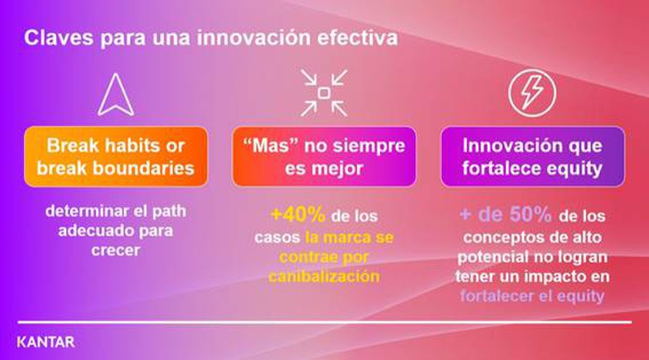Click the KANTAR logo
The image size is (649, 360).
click(x=46, y=342)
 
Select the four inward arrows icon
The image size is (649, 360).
click(x=324, y=93)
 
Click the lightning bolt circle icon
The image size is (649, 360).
click(x=532, y=93)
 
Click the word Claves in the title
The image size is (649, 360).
click(x=59, y=37)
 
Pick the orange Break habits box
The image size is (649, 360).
click(x=116, y=157)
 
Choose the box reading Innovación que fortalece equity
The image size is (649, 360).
click(x=532, y=157)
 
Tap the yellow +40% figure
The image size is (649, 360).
click(x=298, y=214)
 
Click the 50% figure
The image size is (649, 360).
click(x=530, y=214)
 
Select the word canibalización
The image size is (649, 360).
click(x=324, y=276)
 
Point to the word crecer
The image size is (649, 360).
click(x=115, y=250)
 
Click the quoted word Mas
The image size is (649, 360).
click(x=271, y=146)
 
